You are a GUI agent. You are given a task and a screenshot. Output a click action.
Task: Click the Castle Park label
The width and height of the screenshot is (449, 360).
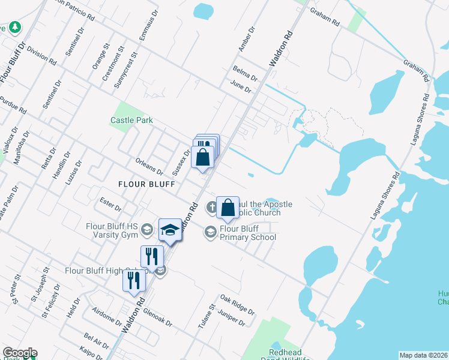pyautogui.click(x=131, y=120)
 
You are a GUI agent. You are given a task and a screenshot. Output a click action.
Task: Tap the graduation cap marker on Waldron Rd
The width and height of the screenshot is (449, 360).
pyautogui.click(x=170, y=230)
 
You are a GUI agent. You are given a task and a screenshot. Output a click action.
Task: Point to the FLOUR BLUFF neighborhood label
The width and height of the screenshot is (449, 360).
pyautogui.click(x=146, y=184)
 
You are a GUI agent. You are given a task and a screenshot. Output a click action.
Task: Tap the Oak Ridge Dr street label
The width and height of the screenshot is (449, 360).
pyautogui.click(x=237, y=304)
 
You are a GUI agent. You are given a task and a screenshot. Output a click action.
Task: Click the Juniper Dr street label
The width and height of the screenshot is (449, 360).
pyautogui.click(x=233, y=318)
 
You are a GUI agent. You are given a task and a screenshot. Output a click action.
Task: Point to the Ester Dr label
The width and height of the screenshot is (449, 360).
pyautogui.click(x=110, y=204)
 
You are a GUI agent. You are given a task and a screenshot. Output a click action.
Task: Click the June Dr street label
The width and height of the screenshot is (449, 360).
pyautogui.click(x=240, y=88)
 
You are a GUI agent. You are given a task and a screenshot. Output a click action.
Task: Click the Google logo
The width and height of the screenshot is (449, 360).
pyautogui.click(x=20, y=353)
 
